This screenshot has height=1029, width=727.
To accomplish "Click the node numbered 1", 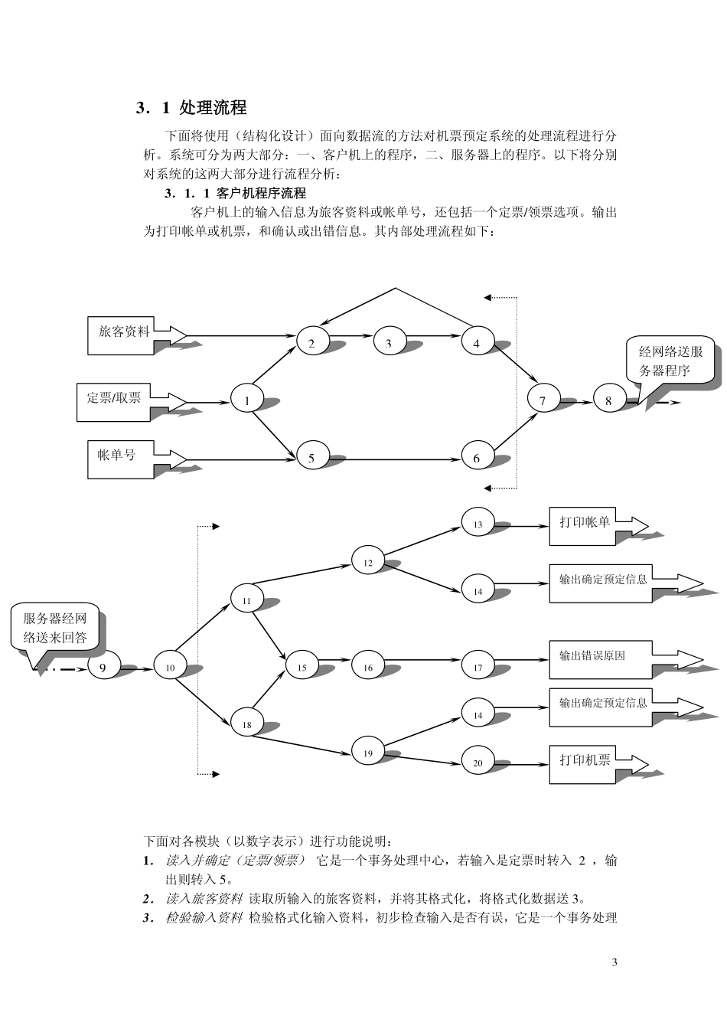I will [247, 399].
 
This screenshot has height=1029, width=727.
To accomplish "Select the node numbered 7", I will [543, 399].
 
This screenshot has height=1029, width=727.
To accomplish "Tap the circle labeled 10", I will [170, 667].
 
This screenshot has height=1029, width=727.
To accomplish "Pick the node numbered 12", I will [367, 561].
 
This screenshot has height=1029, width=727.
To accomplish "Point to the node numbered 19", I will [367, 752].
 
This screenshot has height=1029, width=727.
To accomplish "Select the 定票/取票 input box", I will [113, 401].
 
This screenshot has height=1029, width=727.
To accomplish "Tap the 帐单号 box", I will [120, 459].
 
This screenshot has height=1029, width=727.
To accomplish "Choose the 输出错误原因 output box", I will [601, 659].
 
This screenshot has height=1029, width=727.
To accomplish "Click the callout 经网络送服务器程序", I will [670, 361].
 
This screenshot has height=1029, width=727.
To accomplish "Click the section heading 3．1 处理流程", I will [191, 108].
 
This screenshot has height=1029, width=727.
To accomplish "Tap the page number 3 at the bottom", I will [615, 962].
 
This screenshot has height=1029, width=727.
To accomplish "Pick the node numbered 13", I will [478, 524].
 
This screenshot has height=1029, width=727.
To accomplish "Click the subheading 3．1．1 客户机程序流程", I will [235, 193].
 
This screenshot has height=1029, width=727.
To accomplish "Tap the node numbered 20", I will [478, 762].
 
